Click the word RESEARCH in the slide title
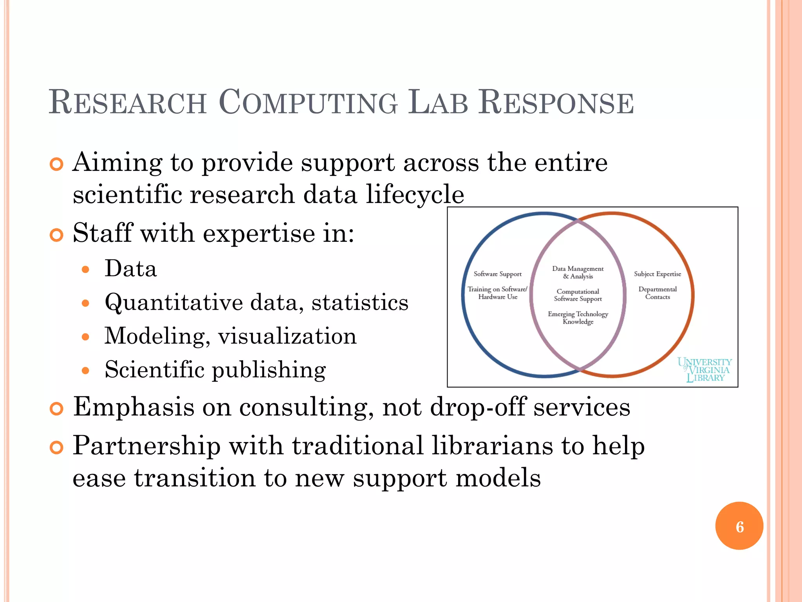(x=127, y=103)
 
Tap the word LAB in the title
(x=438, y=103)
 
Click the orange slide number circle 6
(x=739, y=526)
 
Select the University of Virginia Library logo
(x=705, y=370)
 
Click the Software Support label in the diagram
(x=497, y=274)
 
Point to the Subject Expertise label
(x=657, y=274)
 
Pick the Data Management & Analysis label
(x=578, y=272)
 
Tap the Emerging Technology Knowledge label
(x=578, y=318)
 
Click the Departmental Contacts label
(x=657, y=293)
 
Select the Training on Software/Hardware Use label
(x=497, y=293)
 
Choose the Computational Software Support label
(x=578, y=295)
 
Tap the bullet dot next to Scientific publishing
(x=86, y=370)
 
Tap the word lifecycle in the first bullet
(x=415, y=195)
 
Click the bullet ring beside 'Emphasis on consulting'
(x=57, y=409)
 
